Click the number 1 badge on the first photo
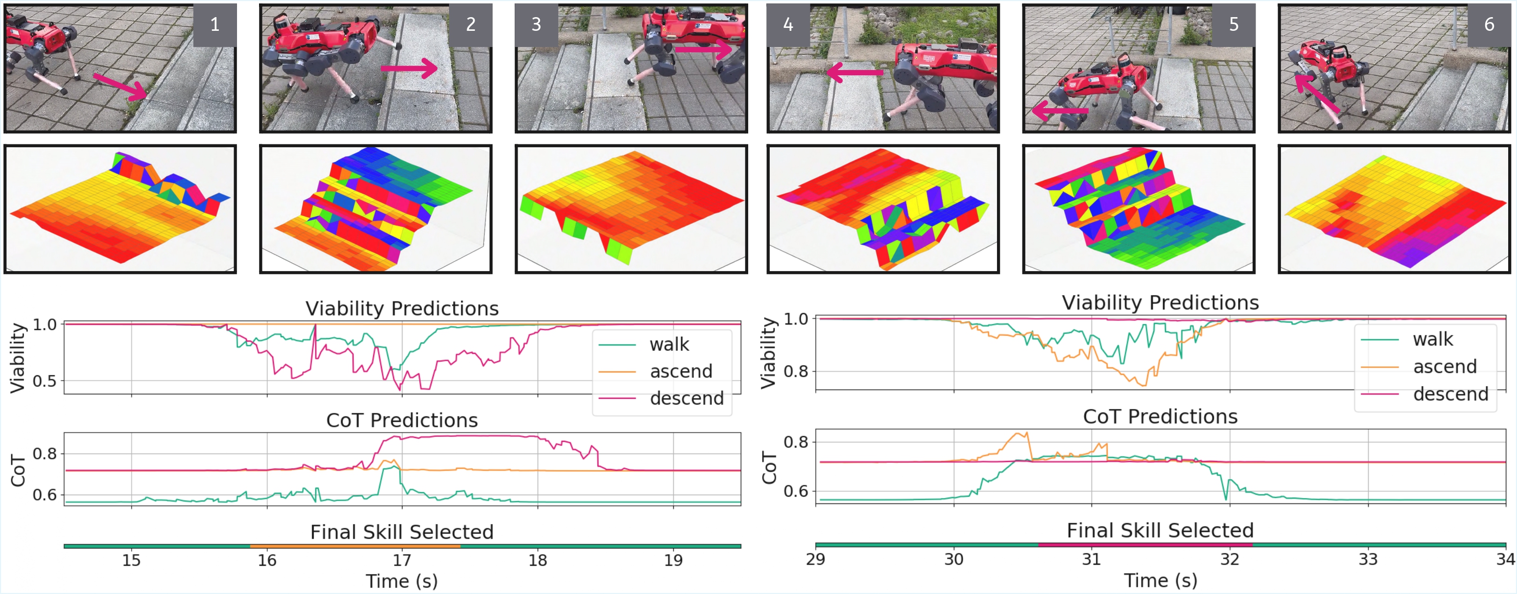click(215, 25)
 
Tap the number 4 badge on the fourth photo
click(788, 25)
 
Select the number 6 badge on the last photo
click(1489, 25)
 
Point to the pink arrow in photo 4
click(854, 72)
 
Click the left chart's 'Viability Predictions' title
click(402, 308)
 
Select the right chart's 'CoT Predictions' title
click(1160, 416)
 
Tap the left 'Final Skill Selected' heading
click(402, 531)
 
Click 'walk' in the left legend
click(669, 344)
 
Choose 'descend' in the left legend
click(686, 399)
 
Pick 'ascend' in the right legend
click(1445, 367)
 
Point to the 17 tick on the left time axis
click(402, 560)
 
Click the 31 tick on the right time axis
click(1091, 559)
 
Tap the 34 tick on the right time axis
click(1505, 559)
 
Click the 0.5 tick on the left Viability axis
click(45, 381)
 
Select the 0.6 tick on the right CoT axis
click(795, 490)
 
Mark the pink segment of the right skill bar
click(1145, 545)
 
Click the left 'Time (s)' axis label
click(402, 581)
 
